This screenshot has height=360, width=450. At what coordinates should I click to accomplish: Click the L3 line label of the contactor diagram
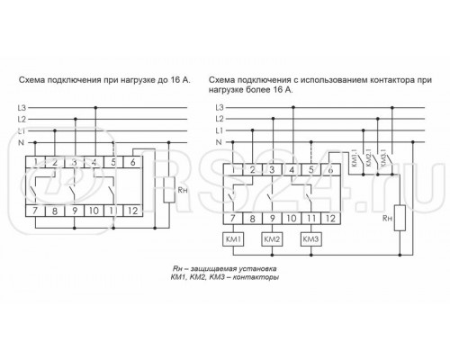pos(219,107)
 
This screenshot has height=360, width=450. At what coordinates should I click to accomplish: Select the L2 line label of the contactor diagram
pos(219,119)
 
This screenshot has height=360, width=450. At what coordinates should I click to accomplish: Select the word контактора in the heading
pos(357,80)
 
